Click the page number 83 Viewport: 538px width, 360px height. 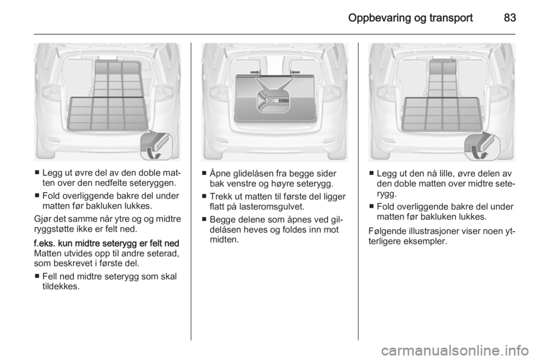tap(509, 17)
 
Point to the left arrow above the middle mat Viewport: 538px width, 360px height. tap(256, 72)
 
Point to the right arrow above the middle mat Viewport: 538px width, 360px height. tap(295, 72)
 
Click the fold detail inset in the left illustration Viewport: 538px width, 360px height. tap(156, 145)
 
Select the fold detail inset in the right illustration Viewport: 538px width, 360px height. tap(482, 146)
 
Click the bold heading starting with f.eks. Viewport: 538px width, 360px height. tap(106, 243)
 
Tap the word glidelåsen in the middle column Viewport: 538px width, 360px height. tap(249, 174)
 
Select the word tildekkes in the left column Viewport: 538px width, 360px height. tap(60, 286)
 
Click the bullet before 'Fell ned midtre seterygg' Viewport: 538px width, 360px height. tap(37, 276)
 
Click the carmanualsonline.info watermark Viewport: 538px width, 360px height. tap(454, 350)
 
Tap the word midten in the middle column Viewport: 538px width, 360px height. tap(223, 239)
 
